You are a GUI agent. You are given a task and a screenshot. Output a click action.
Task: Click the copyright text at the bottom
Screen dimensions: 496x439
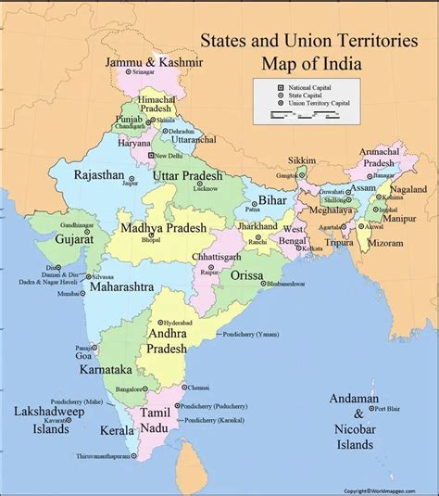coord(389,490)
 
